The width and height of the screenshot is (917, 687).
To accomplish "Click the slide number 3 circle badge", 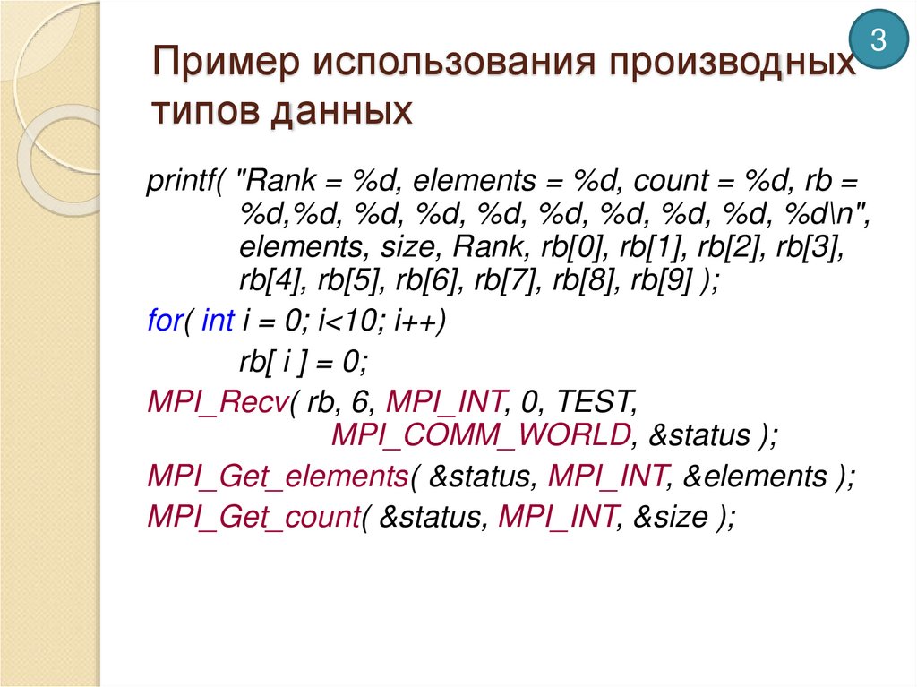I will pyautogui.click(x=878, y=41).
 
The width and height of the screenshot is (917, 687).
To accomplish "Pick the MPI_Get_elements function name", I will pyautogui.click(x=278, y=477).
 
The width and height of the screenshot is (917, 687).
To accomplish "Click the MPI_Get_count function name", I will pyautogui.click(x=253, y=517).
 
